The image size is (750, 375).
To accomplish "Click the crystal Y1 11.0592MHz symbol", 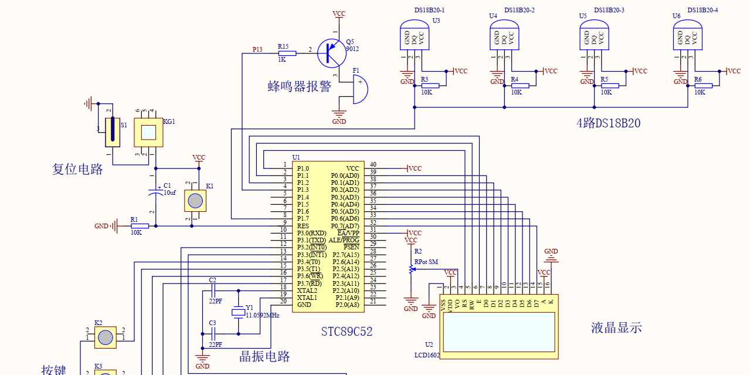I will (238, 312).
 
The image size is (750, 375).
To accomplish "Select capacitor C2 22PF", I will (213, 290).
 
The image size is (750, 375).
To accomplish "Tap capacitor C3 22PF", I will (213, 334).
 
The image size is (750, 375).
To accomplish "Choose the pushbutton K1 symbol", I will (195, 201).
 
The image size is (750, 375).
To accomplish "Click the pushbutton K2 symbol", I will (106, 337).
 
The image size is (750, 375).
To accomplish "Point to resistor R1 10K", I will (139, 225).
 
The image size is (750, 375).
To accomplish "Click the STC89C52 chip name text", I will (347, 332).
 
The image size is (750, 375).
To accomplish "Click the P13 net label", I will (257, 49).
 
